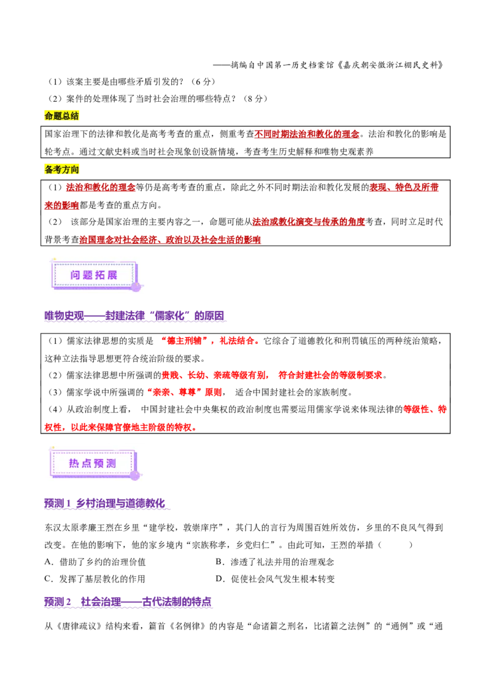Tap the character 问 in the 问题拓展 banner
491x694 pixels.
pos(75,275)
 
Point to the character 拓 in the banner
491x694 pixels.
pos(100,275)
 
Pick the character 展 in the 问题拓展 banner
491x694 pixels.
pos(112,275)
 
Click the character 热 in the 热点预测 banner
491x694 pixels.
pos(74,463)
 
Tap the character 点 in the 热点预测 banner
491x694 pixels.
pos(87,463)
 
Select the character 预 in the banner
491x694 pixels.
pos(99,463)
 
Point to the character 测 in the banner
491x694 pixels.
pos(111,463)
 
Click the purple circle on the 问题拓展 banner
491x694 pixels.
pos(136,287)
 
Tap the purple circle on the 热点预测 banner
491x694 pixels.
pos(134,475)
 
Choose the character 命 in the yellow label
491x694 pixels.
pos(49,116)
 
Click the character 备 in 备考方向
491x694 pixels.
pos(49,170)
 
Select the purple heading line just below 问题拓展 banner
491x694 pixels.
pos(135,317)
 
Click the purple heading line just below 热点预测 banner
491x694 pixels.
pos(105,505)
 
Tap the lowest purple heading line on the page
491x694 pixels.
pos(128,603)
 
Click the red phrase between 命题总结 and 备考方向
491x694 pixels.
pos(307,134)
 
